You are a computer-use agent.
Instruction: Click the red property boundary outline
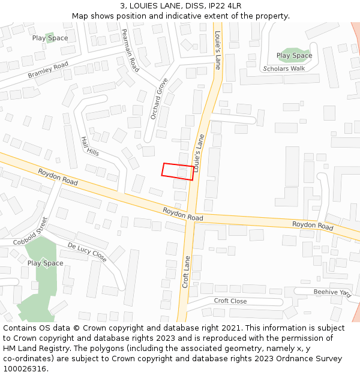tap(178, 172)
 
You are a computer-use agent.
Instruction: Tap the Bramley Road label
tap(48, 70)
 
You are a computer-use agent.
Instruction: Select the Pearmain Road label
tap(130, 50)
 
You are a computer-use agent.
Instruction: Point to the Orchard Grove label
tap(159, 98)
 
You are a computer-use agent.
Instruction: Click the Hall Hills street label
tap(89, 146)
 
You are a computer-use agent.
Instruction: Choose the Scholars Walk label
tap(284, 68)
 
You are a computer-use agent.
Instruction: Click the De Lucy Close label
tap(87, 253)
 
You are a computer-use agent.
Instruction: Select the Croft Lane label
tap(186, 272)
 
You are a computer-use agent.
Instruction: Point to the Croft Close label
tap(230, 301)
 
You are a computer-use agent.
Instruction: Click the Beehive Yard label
tap(332, 292)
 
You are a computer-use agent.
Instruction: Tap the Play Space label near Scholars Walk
tap(294, 56)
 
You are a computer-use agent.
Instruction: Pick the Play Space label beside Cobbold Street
tap(45, 263)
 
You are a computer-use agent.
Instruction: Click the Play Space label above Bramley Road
tap(50, 38)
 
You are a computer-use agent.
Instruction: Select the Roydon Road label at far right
tap(313, 226)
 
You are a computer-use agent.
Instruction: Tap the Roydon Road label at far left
tap(58, 176)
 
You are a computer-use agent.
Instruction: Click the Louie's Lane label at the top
tap(218, 50)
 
